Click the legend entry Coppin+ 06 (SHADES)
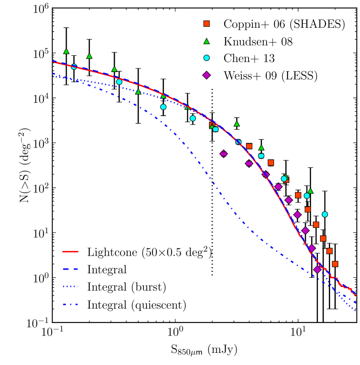tap(284, 24)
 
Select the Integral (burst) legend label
tap(126, 287)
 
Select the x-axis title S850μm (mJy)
tap(204, 349)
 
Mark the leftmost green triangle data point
tap(66, 51)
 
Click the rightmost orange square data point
tap(335, 264)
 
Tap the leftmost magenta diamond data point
tap(224, 154)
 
